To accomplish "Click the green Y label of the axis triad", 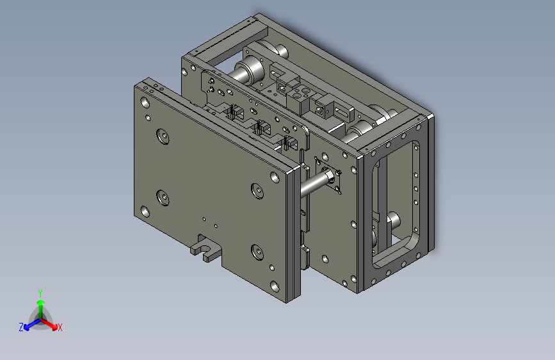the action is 40,293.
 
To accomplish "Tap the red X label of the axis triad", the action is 60,328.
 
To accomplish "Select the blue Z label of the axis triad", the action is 21,327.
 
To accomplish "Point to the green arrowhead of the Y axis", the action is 41,302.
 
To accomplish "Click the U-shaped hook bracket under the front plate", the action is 205,248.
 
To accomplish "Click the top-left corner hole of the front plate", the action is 145,102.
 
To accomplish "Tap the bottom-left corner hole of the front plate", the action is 145,211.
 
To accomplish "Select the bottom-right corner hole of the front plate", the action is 275,286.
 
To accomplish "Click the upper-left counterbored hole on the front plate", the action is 163,136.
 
